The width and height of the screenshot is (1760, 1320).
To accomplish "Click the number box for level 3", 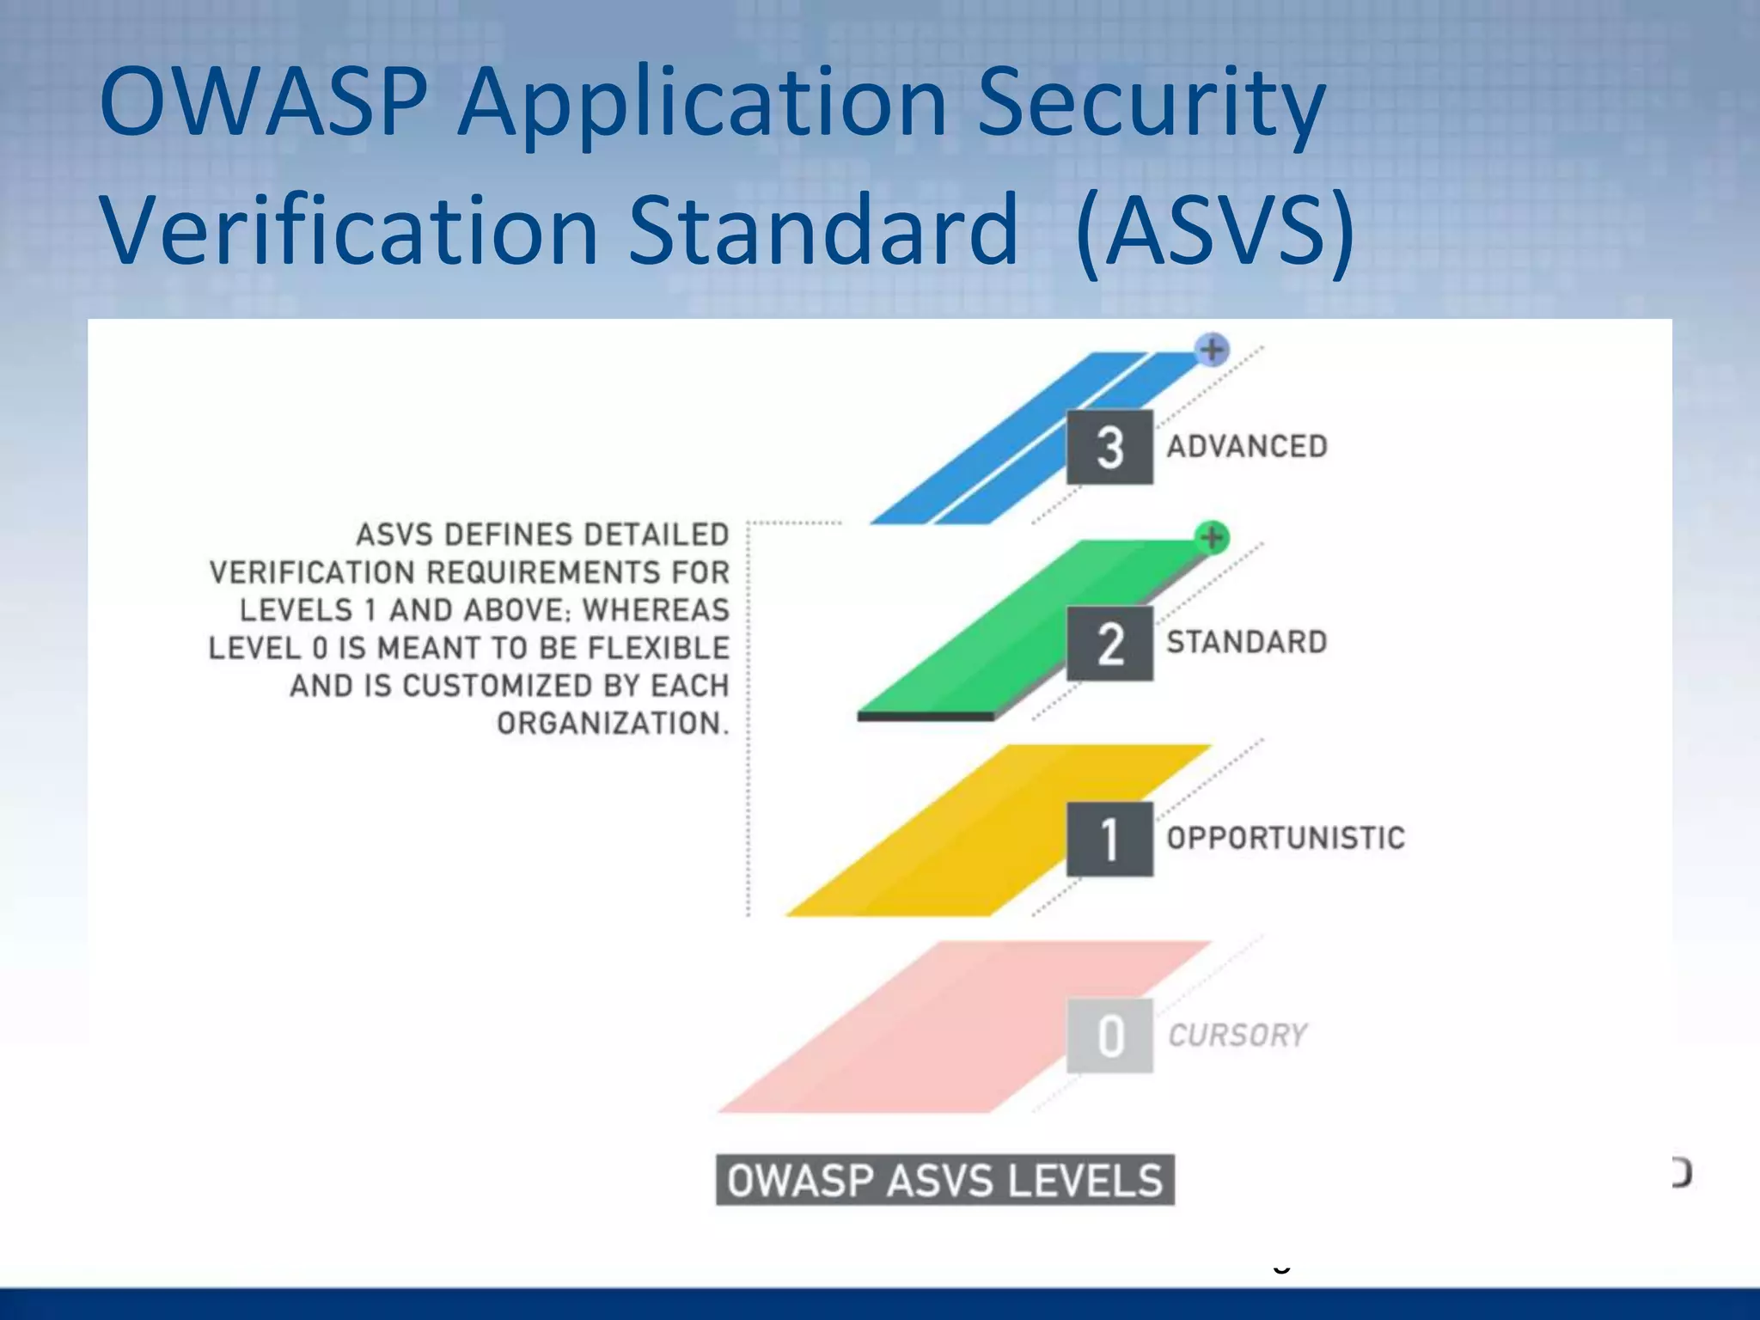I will point(1109,448).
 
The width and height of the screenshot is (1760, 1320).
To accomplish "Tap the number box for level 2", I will point(1109,644).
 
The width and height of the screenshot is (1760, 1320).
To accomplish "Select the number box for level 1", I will point(1109,839).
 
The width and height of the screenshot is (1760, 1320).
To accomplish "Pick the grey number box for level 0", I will point(1109,1035).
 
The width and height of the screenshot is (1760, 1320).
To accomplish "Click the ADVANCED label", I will point(1247,447).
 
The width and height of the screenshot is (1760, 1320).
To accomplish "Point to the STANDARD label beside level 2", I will point(1247,642).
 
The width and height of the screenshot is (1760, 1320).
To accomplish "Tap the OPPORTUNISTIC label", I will point(1286,838).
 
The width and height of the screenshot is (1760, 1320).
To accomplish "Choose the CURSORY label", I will point(1237,1035).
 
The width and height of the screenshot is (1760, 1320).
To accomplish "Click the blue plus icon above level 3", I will point(1212,350).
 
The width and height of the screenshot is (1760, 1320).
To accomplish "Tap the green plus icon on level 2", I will point(1212,537).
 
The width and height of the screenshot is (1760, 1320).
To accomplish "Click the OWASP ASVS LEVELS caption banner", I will point(944,1180).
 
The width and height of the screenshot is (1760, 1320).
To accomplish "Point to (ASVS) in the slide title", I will point(1214,230).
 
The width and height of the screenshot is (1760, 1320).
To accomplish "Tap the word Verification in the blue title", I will point(349,230).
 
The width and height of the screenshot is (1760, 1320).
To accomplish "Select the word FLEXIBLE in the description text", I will point(658,648).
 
